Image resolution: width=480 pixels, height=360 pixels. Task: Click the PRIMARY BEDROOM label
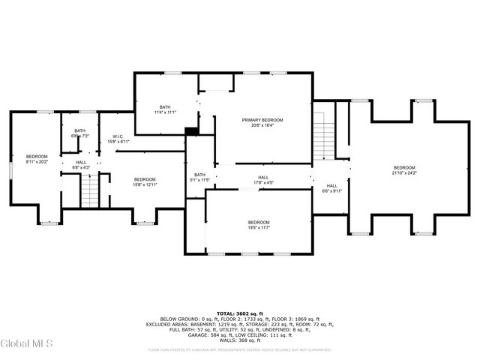tap(262, 120)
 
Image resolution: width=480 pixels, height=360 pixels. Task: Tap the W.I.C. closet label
tap(118, 136)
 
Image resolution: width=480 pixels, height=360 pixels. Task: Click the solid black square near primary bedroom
tap(192, 132)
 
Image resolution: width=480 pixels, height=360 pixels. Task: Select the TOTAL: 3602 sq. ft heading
tap(239, 313)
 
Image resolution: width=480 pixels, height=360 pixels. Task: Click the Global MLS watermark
tap(27, 344)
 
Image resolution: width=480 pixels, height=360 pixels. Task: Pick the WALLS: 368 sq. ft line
tap(239, 340)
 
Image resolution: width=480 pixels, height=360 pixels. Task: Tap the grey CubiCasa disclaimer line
tap(239, 349)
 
